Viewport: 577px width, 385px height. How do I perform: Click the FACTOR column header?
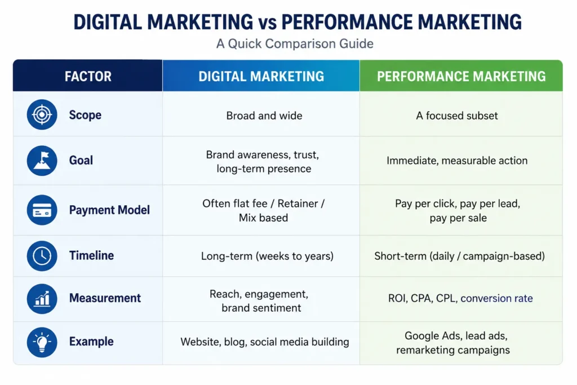[x=88, y=76]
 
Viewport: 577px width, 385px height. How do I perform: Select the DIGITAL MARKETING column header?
[x=261, y=76]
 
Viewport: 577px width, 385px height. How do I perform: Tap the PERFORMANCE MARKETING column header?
[x=461, y=76]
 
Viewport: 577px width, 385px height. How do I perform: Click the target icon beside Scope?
[x=42, y=114]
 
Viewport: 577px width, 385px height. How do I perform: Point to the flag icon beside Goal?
[x=42, y=161]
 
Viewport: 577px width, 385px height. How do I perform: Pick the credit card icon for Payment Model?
[x=42, y=210]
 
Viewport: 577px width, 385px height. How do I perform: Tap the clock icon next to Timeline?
[x=42, y=256]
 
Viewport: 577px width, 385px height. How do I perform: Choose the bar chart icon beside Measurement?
[x=42, y=299]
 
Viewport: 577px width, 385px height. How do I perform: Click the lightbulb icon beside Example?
[x=42, y=342]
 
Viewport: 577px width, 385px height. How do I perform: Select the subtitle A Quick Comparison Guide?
[x=295, y=44]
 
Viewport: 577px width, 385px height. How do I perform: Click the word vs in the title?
[x=267, y=22]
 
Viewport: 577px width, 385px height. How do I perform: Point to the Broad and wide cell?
[x=264, y=116]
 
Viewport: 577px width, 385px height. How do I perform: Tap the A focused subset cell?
[x=456, y=116]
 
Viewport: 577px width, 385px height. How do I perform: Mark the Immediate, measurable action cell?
[x=457, y=161]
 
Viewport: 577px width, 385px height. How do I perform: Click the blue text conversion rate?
[x=496, y=298]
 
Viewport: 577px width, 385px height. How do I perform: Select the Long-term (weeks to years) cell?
[x=267, y=256]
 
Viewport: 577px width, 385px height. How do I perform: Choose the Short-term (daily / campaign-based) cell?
[x=460, y=256]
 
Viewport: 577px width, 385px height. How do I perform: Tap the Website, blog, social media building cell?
[x=265, y=342]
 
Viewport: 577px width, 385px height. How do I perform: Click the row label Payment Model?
[x=109, y=210]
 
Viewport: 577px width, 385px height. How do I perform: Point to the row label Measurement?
[x=105, y=298]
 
